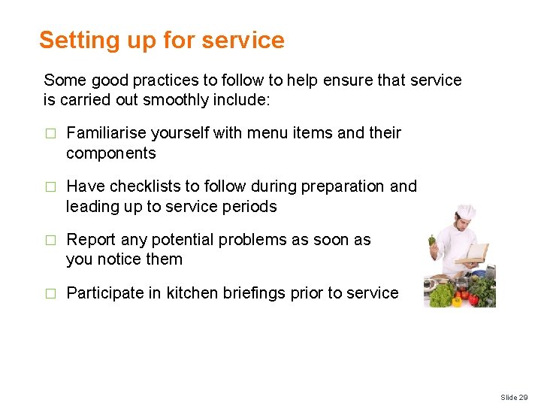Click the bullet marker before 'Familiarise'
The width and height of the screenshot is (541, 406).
50,134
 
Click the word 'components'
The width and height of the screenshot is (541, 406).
110,153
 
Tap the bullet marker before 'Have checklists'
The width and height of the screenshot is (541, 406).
50,187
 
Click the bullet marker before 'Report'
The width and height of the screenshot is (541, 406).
50,241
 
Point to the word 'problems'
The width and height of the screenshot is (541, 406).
250,240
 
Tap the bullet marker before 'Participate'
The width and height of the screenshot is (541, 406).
50,294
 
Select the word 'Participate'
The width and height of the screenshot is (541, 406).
106,293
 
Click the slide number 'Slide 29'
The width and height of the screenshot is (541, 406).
514,397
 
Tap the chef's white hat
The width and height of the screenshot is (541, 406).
467,212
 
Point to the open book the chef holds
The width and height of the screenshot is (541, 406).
475,253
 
